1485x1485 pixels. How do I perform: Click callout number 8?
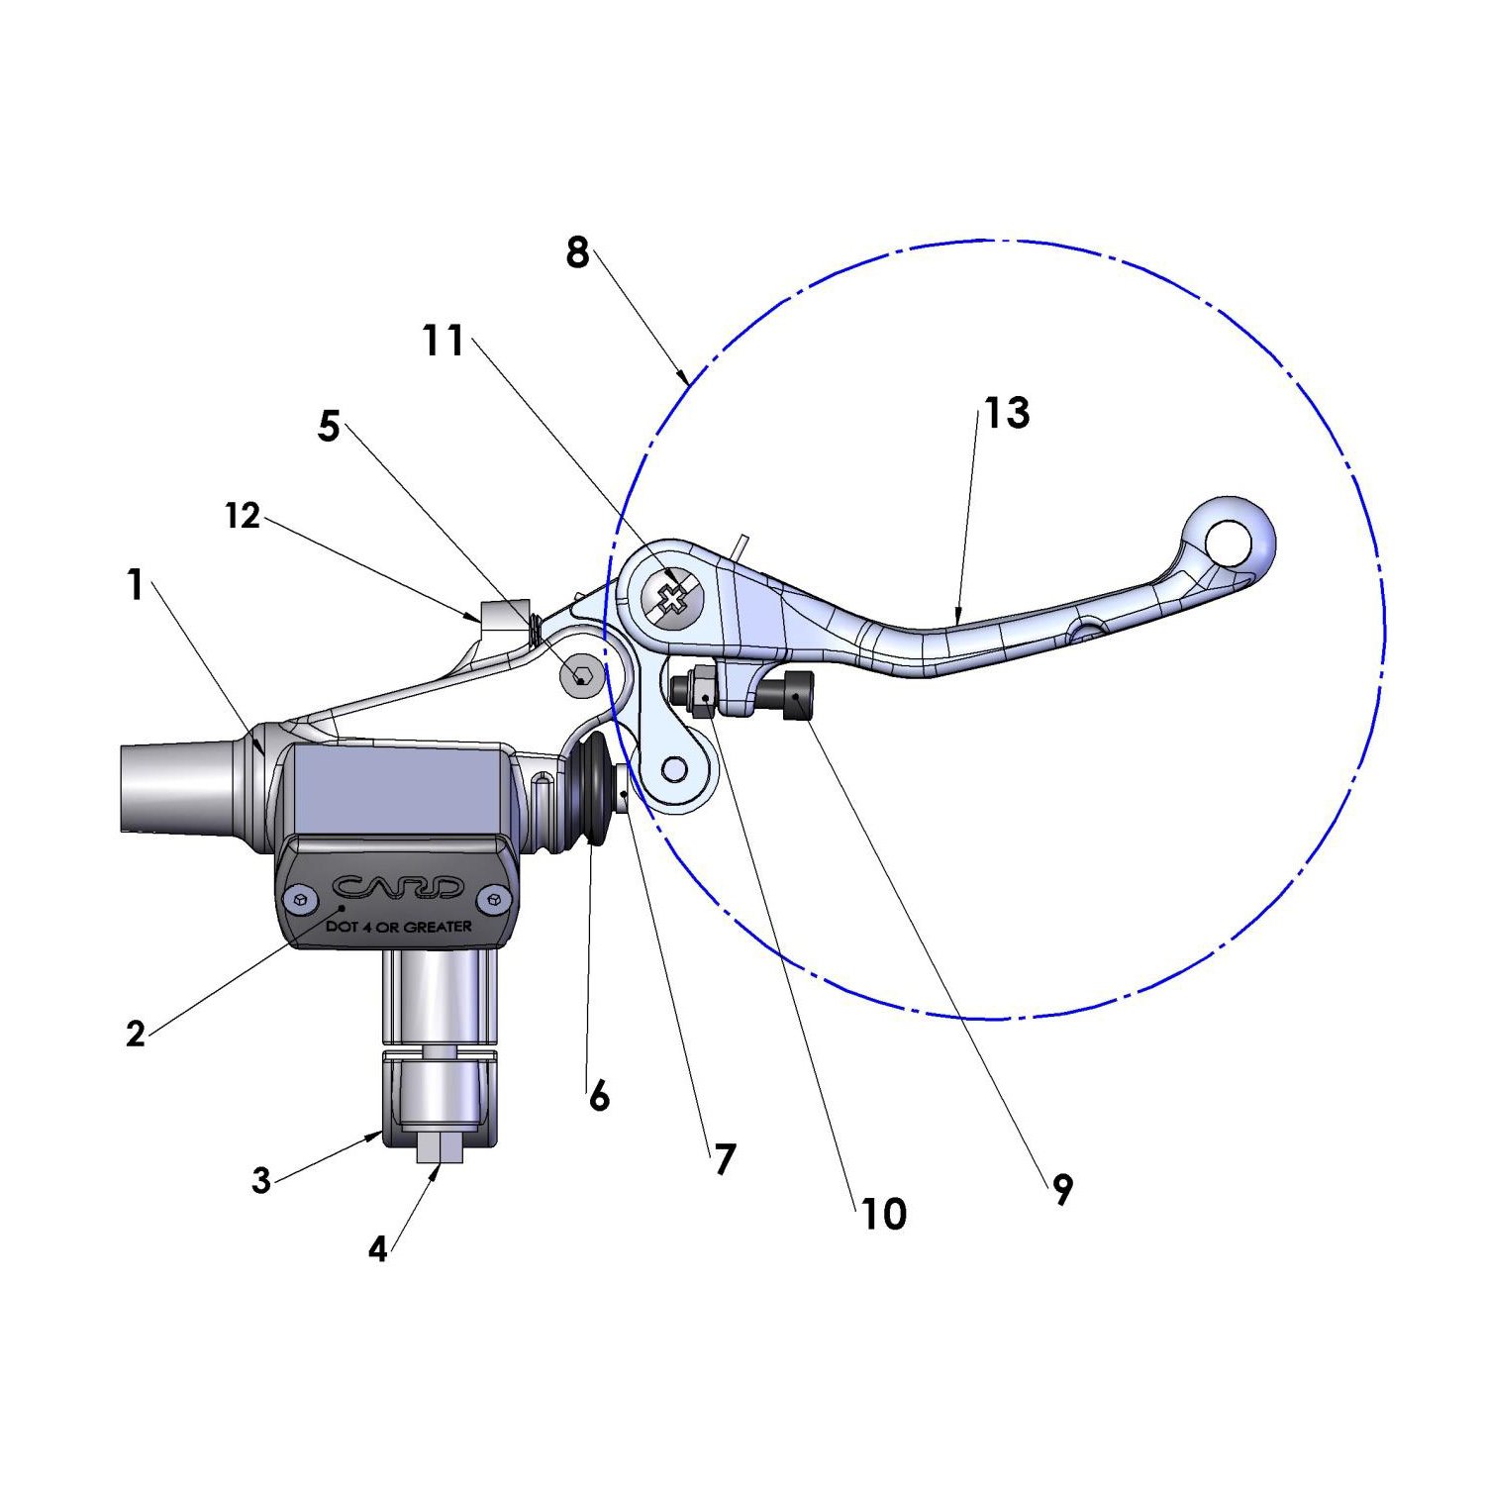(x=578, y=253)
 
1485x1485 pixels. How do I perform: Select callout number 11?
(x=445, y=341)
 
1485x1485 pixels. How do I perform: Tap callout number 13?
(x=1007, y=413)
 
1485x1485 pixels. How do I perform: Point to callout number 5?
(x=329, y=427)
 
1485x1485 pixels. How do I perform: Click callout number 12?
(x=243, y=515)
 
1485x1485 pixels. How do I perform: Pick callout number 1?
(x=136, y=585)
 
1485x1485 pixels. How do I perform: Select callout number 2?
(x=136, y=1034)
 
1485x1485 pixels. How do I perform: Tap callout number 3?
(x=261, y=1180)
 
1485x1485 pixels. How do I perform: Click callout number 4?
(x=377, y=1249)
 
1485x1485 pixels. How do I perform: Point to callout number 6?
(x=599, y=1097)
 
